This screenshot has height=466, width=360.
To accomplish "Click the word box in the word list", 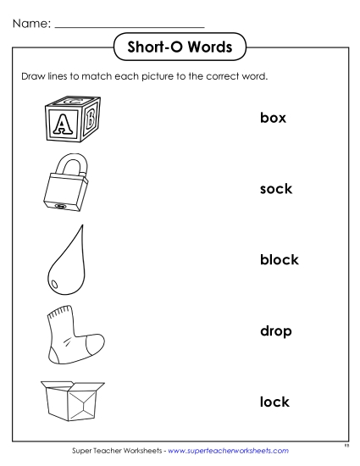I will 273,118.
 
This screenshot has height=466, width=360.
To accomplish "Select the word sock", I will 275,188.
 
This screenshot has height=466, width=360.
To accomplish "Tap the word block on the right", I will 279,259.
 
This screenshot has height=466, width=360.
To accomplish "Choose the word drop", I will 275,330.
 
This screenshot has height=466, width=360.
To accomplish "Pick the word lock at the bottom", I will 274,402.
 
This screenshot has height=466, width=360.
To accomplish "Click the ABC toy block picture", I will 69,118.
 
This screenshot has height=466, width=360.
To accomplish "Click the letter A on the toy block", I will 60,125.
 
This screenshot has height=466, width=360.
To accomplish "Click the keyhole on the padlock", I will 60,205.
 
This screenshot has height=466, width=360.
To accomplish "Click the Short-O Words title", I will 180,47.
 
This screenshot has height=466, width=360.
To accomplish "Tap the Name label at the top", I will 30,19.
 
